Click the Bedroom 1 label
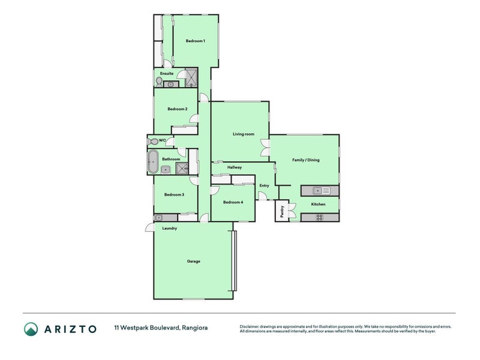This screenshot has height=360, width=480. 196,41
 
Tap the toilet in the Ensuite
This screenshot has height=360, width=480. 159,82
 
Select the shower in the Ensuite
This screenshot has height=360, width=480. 191,77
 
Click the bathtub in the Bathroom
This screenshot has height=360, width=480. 152,161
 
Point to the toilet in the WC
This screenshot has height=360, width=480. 153,142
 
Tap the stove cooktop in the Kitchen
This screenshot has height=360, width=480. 320,217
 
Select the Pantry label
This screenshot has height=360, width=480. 282,211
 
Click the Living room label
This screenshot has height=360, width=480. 244,134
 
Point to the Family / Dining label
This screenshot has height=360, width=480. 305,160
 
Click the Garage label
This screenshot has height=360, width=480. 193,262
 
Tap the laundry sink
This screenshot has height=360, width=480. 158,218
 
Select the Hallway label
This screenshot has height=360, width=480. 235,167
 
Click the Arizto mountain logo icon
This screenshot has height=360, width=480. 31,329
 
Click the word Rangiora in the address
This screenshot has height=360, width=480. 194,328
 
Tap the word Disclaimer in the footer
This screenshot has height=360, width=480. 249,326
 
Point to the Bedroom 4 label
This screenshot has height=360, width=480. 233,202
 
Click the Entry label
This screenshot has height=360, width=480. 264,185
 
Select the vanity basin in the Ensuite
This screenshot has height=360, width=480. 171,85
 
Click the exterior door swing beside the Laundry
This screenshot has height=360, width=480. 149,227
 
